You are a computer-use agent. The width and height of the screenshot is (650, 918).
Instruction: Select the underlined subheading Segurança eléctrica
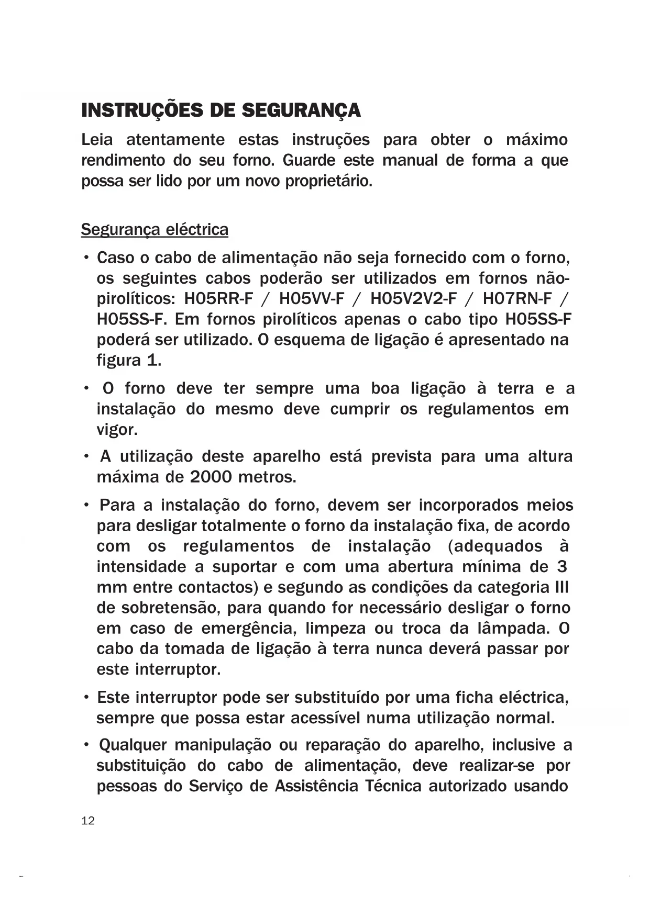(x=155, y=230)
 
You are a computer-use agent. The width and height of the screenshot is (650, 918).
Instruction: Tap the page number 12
(x=88, y=821)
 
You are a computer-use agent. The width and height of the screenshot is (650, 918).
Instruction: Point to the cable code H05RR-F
(x=218, y=299)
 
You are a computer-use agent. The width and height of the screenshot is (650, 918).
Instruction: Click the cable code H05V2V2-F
(x=413, y=299)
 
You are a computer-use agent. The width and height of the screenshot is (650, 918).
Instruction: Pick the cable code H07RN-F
(x=517, y=299)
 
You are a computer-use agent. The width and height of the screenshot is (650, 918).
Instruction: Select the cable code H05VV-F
(x=312, y=299)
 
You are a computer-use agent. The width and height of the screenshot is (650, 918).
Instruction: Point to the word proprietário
(x=328, y=181)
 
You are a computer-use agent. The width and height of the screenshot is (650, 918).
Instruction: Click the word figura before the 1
(x=118, y=361)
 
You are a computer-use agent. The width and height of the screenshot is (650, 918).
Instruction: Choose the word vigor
(x=117, y=430)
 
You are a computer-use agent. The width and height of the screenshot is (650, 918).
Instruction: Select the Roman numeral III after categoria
(x=561, y=587)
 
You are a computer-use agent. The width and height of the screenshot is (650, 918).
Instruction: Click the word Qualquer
(x=133, y=745)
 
